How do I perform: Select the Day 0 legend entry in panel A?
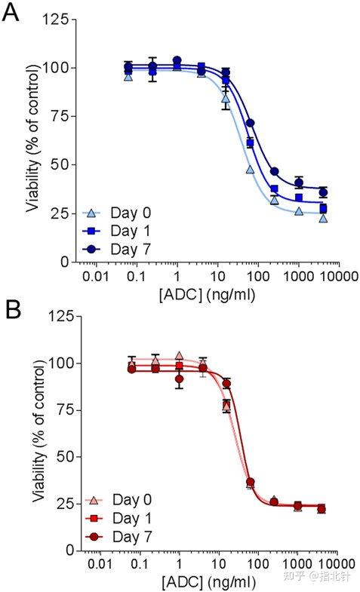tap(115, 213)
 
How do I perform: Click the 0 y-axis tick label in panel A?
tap(65, 262)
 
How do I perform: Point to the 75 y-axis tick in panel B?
tap(61, 409)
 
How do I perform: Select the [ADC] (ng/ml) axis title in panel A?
tap(208, 293)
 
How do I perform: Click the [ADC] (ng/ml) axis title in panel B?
tap(208, 581)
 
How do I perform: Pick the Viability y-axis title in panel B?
tap(38, 434)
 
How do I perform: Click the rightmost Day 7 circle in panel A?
tap(324, 192)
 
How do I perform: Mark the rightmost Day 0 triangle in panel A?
tap(324, 218)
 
